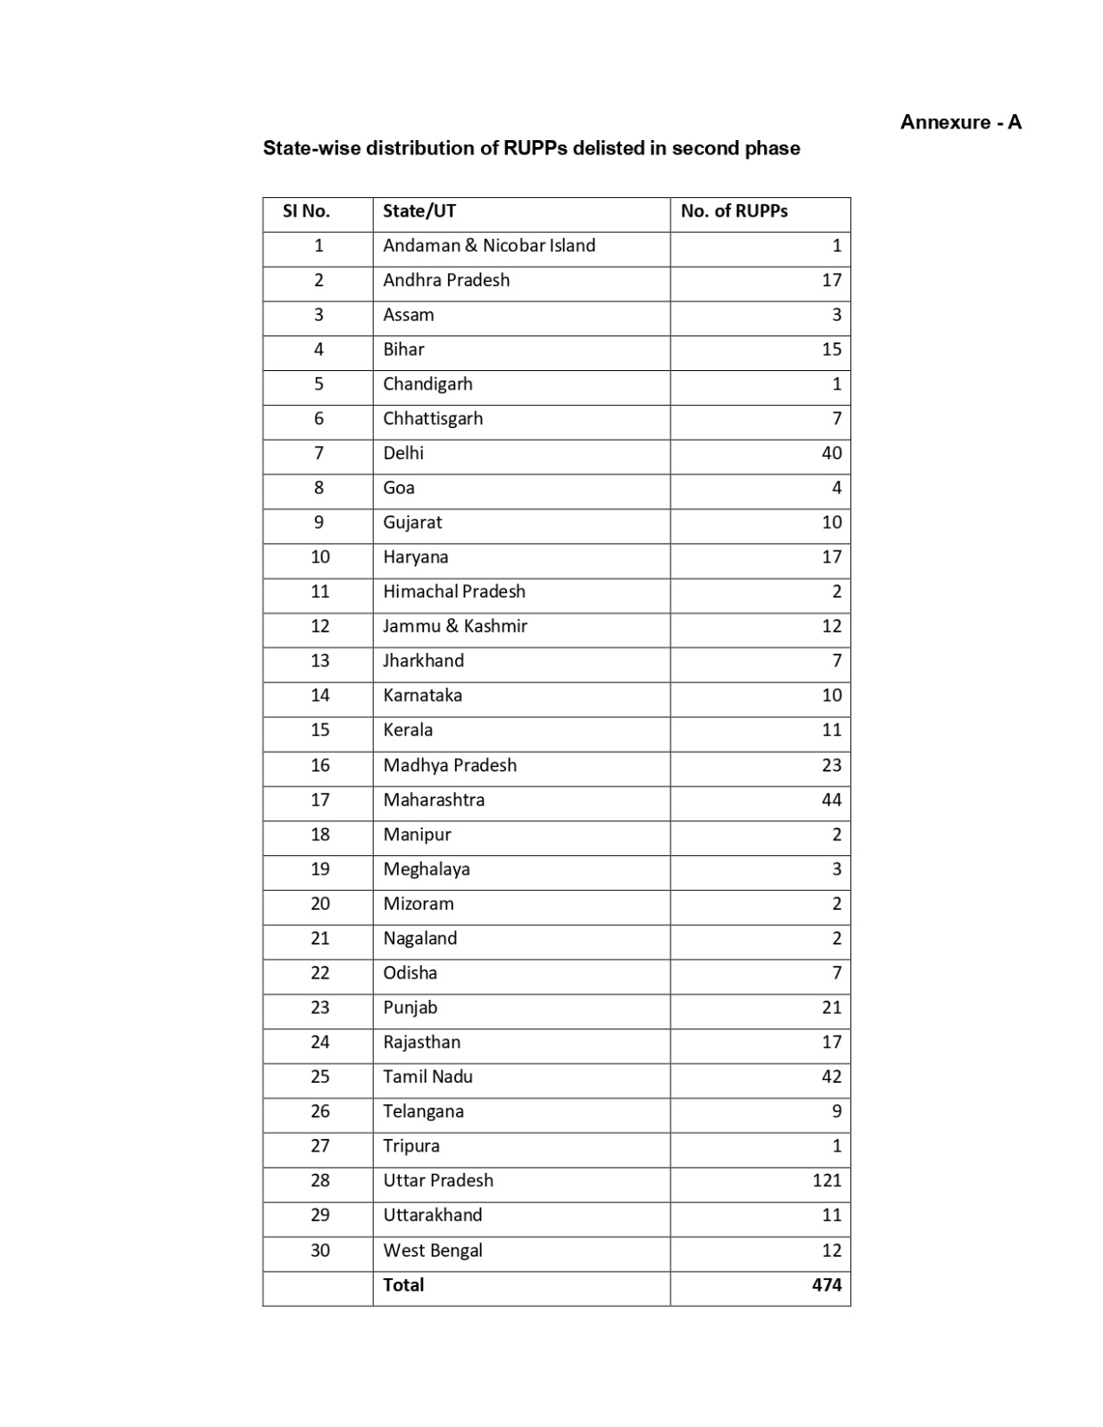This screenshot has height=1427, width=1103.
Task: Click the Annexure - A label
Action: point(960,122)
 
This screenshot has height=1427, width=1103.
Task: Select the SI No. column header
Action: point(306,211)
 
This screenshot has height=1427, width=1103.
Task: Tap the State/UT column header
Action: point(419,211)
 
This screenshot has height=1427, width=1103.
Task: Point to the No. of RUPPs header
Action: point(734,211)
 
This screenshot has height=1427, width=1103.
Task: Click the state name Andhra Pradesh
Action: point(446,280)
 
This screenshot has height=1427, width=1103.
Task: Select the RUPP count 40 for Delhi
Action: point(831,453)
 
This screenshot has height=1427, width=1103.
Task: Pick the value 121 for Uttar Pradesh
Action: point(826,1180)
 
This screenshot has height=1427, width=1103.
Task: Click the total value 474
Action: point(826,1284)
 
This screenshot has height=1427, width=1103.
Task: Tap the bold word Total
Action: point(403,1284)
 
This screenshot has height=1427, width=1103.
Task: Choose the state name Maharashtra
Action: point(434,800)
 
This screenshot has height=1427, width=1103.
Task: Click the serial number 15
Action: point(319,730)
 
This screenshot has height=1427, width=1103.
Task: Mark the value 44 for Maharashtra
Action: point(831,800)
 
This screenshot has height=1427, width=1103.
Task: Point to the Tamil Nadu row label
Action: point(427,1076)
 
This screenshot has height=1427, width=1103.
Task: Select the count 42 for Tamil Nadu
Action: point(831,1076)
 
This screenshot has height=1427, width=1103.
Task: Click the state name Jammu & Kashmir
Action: point(455,626)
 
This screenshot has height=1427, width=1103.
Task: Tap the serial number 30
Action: point(319,1250)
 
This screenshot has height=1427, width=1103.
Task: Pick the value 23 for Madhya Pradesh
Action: point(831,765)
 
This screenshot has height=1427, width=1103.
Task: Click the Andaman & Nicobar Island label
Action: point(489,245)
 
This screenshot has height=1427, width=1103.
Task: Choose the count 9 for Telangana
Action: point(836,1111)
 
